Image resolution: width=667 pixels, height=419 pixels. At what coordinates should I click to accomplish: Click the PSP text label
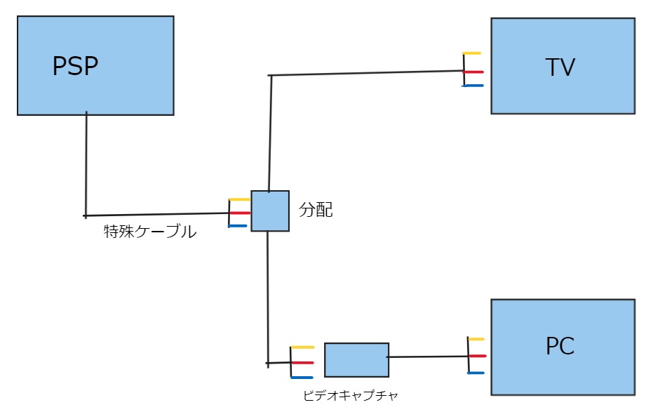75,66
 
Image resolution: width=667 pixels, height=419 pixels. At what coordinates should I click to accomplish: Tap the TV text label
560,67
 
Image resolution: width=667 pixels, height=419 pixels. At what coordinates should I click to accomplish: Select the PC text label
560,346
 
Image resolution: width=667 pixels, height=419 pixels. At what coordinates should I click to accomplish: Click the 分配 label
316,210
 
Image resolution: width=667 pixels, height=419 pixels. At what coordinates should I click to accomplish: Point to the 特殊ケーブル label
150,232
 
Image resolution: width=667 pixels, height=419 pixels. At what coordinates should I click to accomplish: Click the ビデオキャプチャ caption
351,396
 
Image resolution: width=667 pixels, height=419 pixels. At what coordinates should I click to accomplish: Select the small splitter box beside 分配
270,211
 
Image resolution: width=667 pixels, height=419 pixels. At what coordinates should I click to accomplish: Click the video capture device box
356,360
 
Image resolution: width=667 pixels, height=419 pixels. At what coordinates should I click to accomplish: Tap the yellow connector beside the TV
472,53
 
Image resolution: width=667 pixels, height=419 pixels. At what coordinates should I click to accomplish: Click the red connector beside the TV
473,72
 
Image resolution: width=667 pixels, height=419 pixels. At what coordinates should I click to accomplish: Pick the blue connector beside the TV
473,86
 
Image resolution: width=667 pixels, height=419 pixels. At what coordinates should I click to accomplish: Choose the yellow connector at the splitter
239,199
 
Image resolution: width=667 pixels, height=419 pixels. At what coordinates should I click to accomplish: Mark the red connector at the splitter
240,213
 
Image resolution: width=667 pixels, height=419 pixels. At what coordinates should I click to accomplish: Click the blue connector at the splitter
238,226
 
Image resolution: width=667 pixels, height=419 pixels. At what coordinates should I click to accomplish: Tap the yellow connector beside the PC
477,339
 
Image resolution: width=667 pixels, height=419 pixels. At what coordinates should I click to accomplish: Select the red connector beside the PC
478,356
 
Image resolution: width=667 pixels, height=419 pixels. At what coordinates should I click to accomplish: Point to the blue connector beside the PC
477,373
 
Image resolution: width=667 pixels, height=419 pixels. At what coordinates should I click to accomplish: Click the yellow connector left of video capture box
302,347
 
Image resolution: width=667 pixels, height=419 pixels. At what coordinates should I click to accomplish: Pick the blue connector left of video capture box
302,378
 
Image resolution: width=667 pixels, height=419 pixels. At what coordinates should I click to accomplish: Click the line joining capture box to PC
428,357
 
